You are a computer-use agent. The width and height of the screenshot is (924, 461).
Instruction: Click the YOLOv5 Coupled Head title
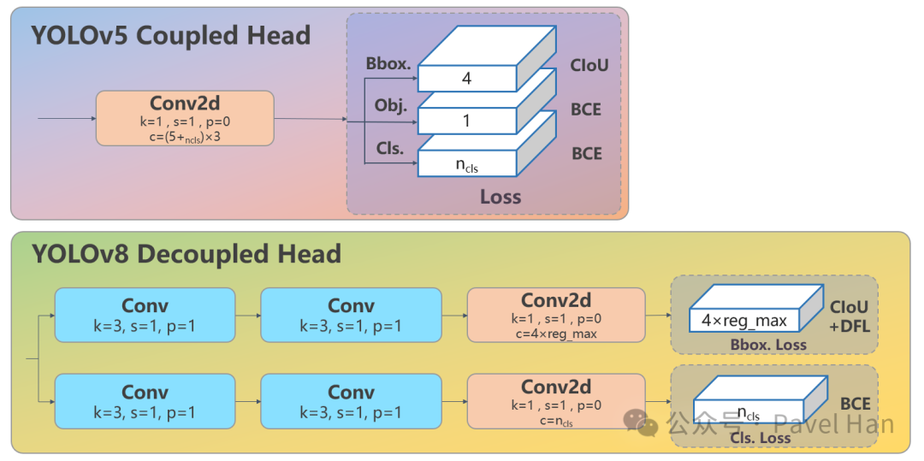tap(170, 36)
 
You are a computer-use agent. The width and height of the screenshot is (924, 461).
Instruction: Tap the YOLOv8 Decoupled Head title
tap(186, 254)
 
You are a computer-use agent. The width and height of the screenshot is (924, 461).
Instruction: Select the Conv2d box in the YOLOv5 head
tap(185, 118)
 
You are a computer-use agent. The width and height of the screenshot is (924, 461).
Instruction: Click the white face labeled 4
tap(466, 79)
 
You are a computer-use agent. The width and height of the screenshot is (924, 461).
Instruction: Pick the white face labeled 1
tap(466, 121)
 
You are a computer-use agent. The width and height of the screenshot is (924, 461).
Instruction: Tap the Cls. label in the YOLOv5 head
tap(390, 148)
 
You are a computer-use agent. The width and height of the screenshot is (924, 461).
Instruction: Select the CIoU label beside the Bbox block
tap(589, 65)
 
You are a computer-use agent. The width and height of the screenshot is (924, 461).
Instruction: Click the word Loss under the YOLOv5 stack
tap(500, 197)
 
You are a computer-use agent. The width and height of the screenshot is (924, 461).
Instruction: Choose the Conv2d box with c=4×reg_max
tap(556, 315)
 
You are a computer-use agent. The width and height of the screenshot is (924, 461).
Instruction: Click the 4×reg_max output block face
tap(744, 321)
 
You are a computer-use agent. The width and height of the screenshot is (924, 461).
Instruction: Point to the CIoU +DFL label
tap(849, 315)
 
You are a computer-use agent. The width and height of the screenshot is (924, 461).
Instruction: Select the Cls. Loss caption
tap(761, 438)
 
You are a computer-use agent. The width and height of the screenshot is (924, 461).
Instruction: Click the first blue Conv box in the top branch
tap(145, 315)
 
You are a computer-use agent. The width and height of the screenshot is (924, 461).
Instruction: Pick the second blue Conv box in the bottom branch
tap(351, 401)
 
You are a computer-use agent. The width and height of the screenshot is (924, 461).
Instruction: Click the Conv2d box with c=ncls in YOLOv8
tap(556, 401)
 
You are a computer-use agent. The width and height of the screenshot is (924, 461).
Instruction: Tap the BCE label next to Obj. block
tap(586, 109)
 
